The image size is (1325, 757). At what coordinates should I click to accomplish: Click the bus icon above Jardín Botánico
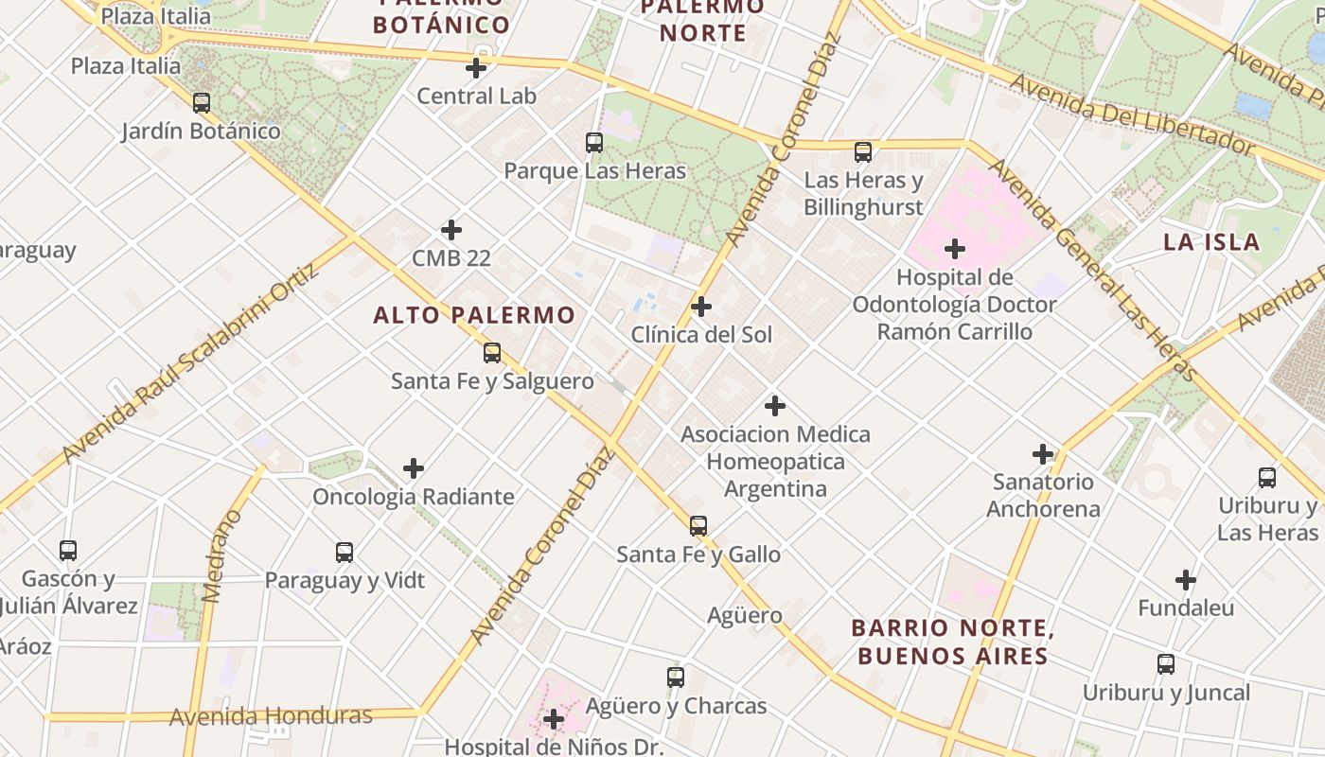point(202,102)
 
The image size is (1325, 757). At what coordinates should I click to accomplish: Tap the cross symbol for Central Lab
point(476,68)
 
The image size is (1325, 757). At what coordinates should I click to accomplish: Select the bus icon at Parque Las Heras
point(594,143)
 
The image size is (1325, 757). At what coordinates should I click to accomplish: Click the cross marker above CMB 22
point(451,230)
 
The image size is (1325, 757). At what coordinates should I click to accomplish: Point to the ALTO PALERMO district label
point(474,315)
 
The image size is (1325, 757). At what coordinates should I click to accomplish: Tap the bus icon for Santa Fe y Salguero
point(492,353)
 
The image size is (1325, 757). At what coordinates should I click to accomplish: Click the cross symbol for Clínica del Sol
point(701,307)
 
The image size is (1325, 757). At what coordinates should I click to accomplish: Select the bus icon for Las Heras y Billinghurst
point(863,151)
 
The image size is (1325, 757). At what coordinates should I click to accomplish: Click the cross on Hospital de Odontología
point(955,250)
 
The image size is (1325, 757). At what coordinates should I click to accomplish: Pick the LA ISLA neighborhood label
point(1211,241)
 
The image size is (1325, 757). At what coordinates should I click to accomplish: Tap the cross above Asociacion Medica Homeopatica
point(775,406)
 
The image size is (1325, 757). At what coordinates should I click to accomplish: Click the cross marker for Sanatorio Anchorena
point(1043,454)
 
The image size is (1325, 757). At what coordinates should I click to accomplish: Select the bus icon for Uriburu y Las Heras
point(1267,478)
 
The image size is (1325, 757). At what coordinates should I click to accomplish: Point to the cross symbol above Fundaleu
point(1186,580)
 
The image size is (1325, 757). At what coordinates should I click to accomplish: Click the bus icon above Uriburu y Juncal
point(1166,664)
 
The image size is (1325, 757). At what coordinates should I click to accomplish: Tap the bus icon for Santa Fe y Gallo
point(698,526)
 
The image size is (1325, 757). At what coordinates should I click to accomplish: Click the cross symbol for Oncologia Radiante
point(414,468)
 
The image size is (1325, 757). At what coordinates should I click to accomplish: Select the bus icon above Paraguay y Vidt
point(344,553)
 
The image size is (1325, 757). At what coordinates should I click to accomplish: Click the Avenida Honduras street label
point(271,716)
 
